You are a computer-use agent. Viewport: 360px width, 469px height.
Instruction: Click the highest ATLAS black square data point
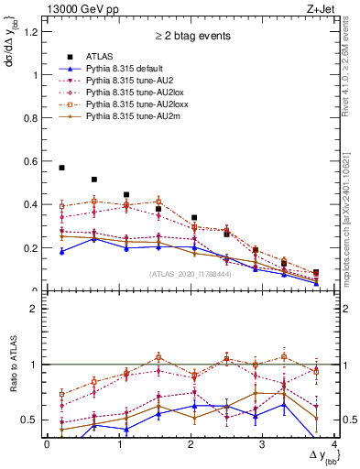tap(61, 168)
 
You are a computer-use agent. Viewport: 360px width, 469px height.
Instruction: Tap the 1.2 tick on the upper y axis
tap(34, 31)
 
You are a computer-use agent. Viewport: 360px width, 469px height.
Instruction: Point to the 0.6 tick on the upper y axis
tap(34, 161)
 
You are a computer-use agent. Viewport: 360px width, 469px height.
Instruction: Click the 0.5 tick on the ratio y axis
tap(34, 420)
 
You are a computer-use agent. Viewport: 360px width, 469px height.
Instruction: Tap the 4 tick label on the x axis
tap(334, 443)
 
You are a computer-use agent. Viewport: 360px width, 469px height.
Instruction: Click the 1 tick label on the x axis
tap(118, 443)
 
